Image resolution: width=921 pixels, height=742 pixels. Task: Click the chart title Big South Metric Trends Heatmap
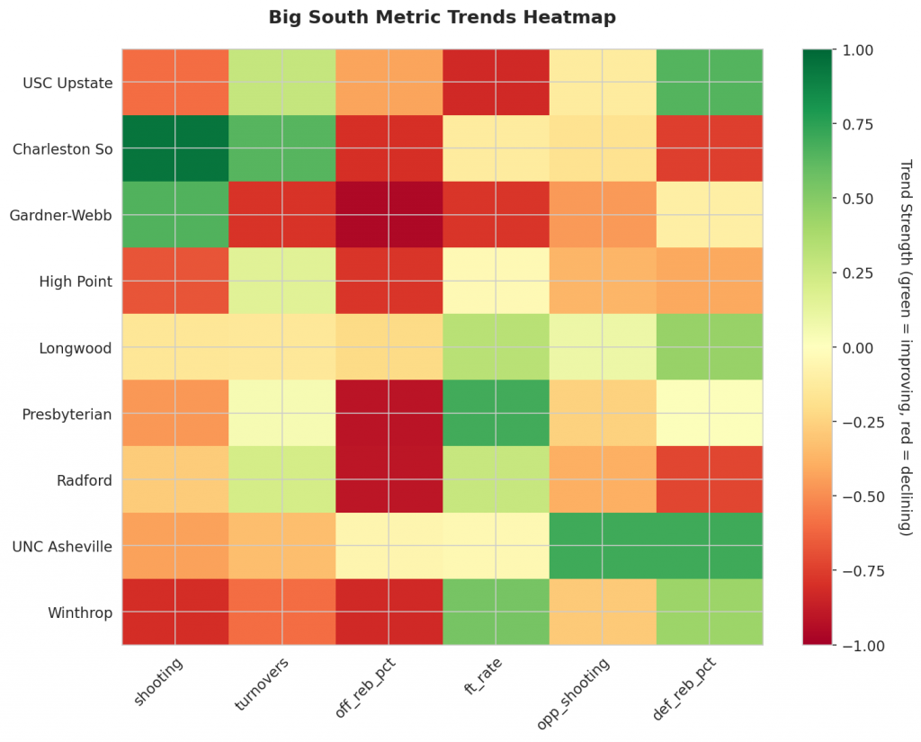click(x=442, y=18)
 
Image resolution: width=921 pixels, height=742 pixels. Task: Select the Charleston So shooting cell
click(x=175, y=148)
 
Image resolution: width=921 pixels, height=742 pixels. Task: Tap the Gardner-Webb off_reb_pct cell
click(x=389, y=215)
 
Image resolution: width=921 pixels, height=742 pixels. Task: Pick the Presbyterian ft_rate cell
click(x=496, y=413)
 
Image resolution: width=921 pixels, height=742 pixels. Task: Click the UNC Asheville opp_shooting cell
click(x=603, y=545)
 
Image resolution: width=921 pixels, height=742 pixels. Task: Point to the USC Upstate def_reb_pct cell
click(x=710, y=83)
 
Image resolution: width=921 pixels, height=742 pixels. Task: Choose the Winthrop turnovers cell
click(x=282, y=612)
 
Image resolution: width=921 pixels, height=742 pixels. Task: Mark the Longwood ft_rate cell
click(x=496, y=347)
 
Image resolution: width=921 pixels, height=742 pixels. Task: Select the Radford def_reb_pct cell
click(x=710, y=479)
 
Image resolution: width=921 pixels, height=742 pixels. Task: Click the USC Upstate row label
click(x=68, y=84)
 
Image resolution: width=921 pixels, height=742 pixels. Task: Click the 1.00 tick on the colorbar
click(x=851, y=49)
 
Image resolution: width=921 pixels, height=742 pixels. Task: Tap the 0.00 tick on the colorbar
click(x=851, y=347)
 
